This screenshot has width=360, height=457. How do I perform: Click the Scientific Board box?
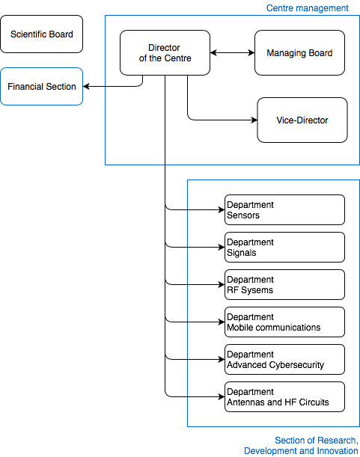coord(41,34)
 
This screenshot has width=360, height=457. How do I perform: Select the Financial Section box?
coord(41,86)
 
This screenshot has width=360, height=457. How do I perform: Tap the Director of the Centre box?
coord(165,53)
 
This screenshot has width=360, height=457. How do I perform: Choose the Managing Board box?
coord(299,53)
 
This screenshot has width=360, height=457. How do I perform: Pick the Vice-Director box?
coord(302,120)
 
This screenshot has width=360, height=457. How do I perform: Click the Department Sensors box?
coord(284,210)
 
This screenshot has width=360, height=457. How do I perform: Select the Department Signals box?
coord(284,247)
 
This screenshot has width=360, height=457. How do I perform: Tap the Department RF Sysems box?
coord(284,284)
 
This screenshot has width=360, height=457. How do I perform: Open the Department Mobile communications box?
coord(284,322)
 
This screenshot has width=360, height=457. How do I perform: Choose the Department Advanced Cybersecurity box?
coord(284,359)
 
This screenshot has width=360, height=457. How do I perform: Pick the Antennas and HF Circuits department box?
coord(284,396)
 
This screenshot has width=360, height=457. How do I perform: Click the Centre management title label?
coord(307,8)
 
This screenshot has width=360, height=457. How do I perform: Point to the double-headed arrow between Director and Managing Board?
coord(232,53)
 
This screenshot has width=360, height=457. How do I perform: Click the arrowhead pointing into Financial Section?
coord(86,86)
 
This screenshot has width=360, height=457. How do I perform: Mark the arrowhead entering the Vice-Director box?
coord(254,120)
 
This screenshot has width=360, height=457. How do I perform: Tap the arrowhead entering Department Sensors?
coord(222,210)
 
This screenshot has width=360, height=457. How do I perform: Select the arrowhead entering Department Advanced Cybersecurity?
coord(222,359)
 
